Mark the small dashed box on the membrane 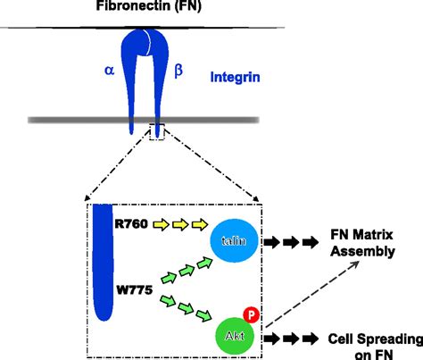click(x=158, y=131)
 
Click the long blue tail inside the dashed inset click(x=104, y=259)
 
